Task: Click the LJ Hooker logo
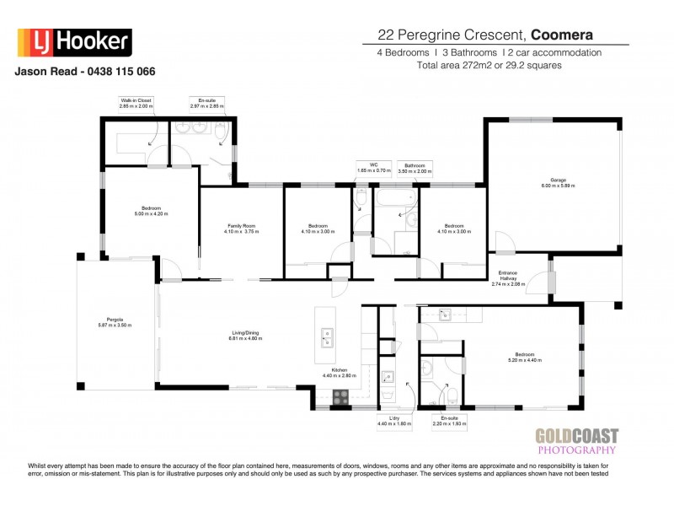[74, 41]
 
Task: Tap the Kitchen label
[340, 370]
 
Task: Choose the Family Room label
[241, 225]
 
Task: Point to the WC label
[364, 164]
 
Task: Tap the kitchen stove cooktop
[341, 397]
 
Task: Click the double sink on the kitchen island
[324, 339]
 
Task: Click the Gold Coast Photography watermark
[577, 442]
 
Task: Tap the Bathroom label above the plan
[414, 164]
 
